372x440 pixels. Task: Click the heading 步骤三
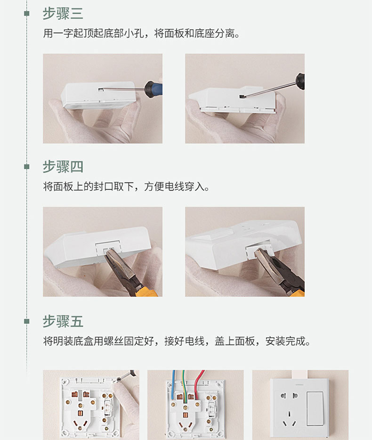[x=63, y=14]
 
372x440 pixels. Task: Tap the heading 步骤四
[x=63, y=167]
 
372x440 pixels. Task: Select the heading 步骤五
[x=63, y=321]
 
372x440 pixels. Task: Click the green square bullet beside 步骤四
[x=27, y=167]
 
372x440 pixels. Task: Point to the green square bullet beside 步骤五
[x=27, y=321]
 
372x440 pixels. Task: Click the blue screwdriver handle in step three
[x=153, y=89]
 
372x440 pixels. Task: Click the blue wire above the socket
[x=173, y=383]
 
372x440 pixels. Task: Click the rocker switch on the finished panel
[x=315, y=408]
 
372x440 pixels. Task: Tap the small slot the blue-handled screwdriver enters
[x=101, y=90]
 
